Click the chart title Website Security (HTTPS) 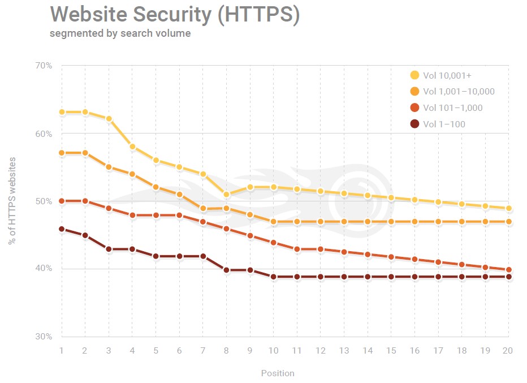pos(174,15)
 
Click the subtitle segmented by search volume pos(120,33)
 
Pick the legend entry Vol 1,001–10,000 pos(459,92)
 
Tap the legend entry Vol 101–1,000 pos(452,108)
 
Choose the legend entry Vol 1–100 pos(444,124)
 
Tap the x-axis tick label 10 pos(273,351)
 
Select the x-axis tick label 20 pos(508,351)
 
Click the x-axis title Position pos(278,373)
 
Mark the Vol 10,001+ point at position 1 pos(61,112)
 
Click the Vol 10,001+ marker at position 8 pos(226,195)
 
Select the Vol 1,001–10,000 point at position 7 pos(202,209)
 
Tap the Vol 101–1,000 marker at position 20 pos(508,270)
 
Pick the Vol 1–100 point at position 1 pos(61,229)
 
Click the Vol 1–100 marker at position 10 pos(273,277)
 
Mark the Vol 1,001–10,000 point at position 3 pos(109,167)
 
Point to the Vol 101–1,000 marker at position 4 pos(132,215)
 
